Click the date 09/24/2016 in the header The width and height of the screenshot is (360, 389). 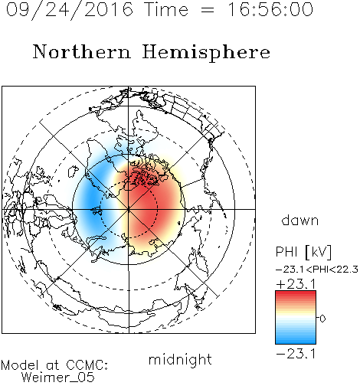[x=70, y=9]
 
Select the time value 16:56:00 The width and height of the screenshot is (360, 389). [x=270, y=9]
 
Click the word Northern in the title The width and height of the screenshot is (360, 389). [x=82, y=52]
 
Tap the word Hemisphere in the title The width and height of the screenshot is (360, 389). [x=206, y=52]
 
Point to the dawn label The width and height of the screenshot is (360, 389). [x=300, y=221]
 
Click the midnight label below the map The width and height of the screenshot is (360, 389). [x=180, y=359]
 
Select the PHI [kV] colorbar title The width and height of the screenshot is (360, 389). [x=303, y=252]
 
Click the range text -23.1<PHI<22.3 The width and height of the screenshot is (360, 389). [x=317, y=270]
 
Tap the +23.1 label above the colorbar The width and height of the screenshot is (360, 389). [x=296, y=284]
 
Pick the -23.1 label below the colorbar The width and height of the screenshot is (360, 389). [x=296, y=354]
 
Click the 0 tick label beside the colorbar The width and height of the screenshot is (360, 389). [x=322, y=319]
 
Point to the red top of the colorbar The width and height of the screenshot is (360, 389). [x=296, y=294]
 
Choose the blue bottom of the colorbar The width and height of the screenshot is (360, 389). [x=296, y=341]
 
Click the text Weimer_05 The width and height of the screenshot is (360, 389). [x=58, y=378]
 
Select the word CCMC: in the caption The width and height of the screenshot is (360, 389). [x=87, y=365]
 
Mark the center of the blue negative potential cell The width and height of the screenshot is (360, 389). [x=93, y=201]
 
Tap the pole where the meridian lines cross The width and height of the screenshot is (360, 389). [x=129, y=209]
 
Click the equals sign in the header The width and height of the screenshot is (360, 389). [x=208, y=10]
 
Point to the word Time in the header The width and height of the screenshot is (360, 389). [x=166, y=9]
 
